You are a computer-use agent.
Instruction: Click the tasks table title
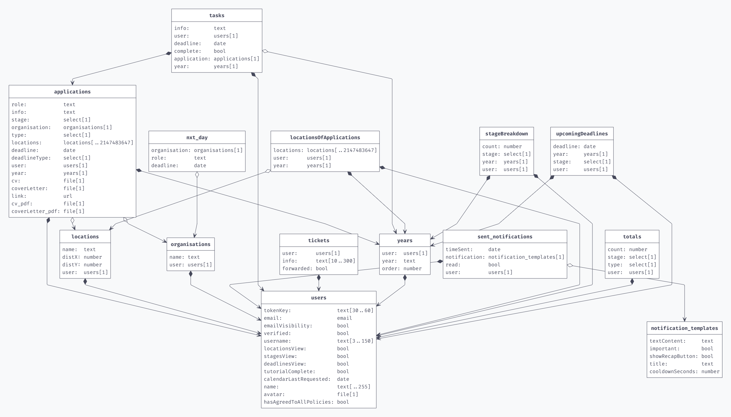[217, 15]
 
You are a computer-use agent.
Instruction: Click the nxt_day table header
[197, 137]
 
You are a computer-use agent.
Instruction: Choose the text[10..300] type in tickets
[335, 261]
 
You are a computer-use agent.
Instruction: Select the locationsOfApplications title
[325, 137]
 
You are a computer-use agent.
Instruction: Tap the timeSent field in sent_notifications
[459, 250]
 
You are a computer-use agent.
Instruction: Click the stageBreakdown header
[506, 133]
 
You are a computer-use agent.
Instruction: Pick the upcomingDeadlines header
[582, 133]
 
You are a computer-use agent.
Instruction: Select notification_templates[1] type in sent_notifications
[526, 257]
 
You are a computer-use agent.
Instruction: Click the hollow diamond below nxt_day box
[197, 174]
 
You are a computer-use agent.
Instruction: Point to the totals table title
[632, 236]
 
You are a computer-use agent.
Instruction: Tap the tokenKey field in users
[277, 311]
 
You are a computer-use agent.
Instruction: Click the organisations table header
[190, 244]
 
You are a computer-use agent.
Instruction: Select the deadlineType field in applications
[31, 158]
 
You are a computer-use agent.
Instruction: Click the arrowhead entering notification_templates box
[684, 319]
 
